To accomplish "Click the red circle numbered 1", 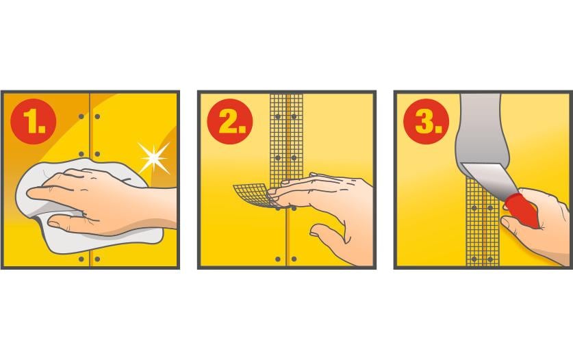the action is point(34,121).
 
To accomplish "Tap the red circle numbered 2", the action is point(230,121).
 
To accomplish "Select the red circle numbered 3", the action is point(426,121).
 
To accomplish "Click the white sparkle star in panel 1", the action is point(154,158).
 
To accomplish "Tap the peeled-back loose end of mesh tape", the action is point(251,195).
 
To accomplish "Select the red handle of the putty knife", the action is point(522,211).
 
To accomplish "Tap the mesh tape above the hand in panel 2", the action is point(286,139).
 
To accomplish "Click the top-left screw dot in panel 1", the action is point(81,116).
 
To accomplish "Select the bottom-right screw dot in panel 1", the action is point(97,259).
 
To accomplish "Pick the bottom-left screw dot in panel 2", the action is point(278,259).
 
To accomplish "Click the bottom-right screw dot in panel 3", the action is point(490,259).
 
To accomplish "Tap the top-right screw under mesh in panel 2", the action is point(294,116).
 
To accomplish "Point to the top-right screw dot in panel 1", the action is point(97,116).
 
